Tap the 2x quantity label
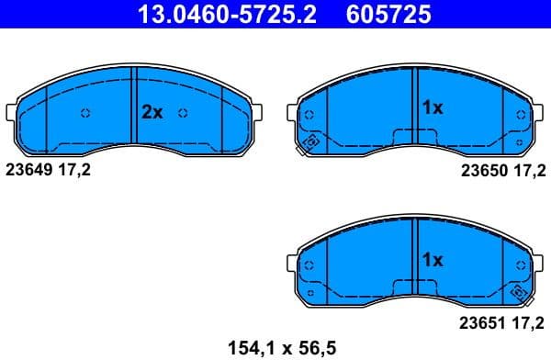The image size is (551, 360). tap(152, 112)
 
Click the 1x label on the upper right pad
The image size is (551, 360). tap(432, 108)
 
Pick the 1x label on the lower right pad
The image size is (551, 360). tap(432, 260)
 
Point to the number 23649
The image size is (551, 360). tap(28, 169)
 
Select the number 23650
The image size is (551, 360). tap(478, 171)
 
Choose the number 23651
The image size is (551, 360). tap(478, 322)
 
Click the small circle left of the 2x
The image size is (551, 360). tap(86, 113)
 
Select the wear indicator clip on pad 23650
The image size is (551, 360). tap(309, 143)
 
